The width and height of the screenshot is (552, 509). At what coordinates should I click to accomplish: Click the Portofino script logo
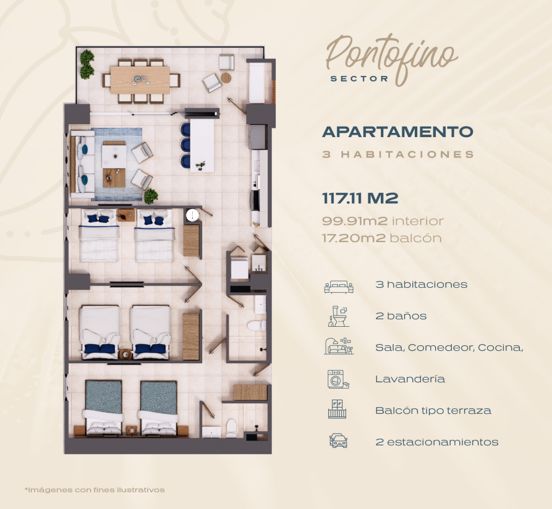pyautogui.click(x=391, y=58)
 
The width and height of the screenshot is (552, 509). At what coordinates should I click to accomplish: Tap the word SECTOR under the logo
pyautogui.click(x=359, y=79)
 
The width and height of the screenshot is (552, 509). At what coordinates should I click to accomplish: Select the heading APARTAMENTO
pyautogui.click(x=397, y=132)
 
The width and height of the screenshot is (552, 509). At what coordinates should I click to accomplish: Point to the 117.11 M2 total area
pyautogui.click(x=360, y=198)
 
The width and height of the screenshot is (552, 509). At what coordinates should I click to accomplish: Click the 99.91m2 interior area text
pyautogui.click(x=383, y=221)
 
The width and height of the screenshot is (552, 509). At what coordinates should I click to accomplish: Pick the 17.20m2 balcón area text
pyautogui.click(x=382, y=238)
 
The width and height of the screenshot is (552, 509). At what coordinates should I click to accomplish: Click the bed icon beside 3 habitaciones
pyautogui.click(x=339, y=287)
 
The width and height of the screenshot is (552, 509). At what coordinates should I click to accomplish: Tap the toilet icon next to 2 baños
pyautogui.click(x=338, y=316)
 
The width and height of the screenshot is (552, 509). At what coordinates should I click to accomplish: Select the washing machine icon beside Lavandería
pyautogui.click(x=338, y=379)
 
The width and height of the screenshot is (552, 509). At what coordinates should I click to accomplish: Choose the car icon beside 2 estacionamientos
pyautogui.click(x=338, y=440)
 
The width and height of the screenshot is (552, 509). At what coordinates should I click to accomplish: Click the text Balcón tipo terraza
pyautogui.click(x=433, y=411)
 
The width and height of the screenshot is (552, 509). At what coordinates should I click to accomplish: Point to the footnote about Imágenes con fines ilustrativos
pyautogui.click(x=95, y=490)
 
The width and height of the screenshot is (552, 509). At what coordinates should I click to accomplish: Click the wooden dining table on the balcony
pyautogui.click(x=140, y=80)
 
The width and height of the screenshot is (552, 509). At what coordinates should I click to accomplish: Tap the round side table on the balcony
pyautogui.click(x=226, y=78)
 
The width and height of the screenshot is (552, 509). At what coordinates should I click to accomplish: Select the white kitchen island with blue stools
pyautogui.click(x=202, y=146)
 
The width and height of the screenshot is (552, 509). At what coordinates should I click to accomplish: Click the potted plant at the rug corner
pyautogui.click(x=151, y=196)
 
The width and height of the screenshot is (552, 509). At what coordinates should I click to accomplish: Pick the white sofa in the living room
pyautogui.click(x=83, y=164)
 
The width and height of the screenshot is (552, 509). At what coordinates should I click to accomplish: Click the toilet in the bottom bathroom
pyautogui.click(x=231, y=428)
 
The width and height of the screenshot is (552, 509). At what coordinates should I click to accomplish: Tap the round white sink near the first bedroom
pyautogui.click(x=192, y=215)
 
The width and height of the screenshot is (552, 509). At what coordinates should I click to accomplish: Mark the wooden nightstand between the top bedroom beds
pyautogui.click(x=126, y=216)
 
